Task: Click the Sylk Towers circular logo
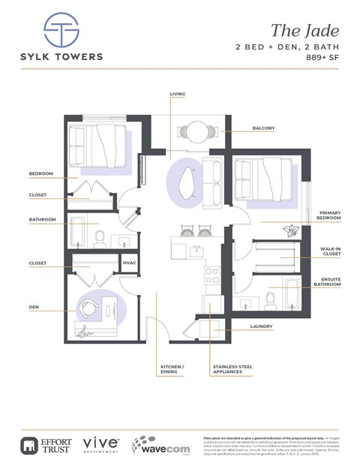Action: [x=61, y=30]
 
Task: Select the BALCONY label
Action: [x=264, y=128]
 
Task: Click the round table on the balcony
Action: [x=198, y=133]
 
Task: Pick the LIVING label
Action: [x=177, y=94]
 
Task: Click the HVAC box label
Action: [x=129, y=263]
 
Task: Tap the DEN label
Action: [x=34, y=306]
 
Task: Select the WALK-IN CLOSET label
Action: [x=331, y=251]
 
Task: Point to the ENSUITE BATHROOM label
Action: [x=327, y=281]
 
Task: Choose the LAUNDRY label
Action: [x=262, y=327]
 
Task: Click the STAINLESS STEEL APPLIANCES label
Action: [x=231, y=370]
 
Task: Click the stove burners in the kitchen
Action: [x=212, y=275]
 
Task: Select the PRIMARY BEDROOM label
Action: [x=330, y=215]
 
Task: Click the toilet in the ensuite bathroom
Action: [x=271, y=301]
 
